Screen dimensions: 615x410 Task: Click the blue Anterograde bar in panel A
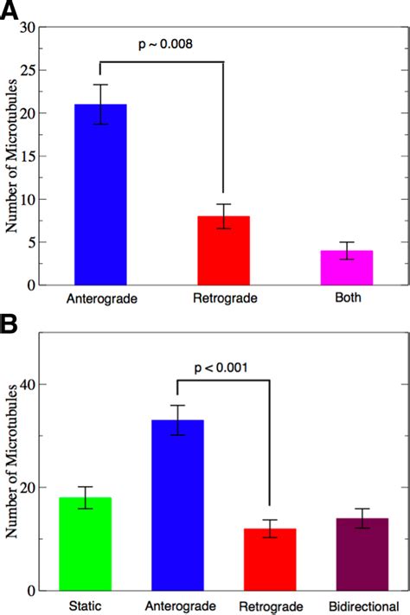100,195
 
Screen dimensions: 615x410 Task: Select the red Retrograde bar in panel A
224,250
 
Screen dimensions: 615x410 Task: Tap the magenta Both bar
347,267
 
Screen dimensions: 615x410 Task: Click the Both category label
347,298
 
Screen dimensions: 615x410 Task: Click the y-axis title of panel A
12,157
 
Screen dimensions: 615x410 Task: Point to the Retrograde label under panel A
224,298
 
